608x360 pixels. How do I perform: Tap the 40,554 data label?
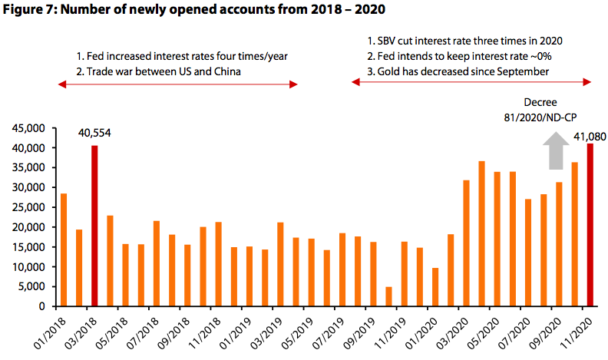tap(94, 133)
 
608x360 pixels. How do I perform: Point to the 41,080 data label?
tap(585, 137)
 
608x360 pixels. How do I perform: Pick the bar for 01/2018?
tap(64, 249)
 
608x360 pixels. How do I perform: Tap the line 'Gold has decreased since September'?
tap(460, 71)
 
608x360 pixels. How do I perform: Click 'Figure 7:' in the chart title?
tap(29, 12)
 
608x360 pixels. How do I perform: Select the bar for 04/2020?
tap(481, 233)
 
